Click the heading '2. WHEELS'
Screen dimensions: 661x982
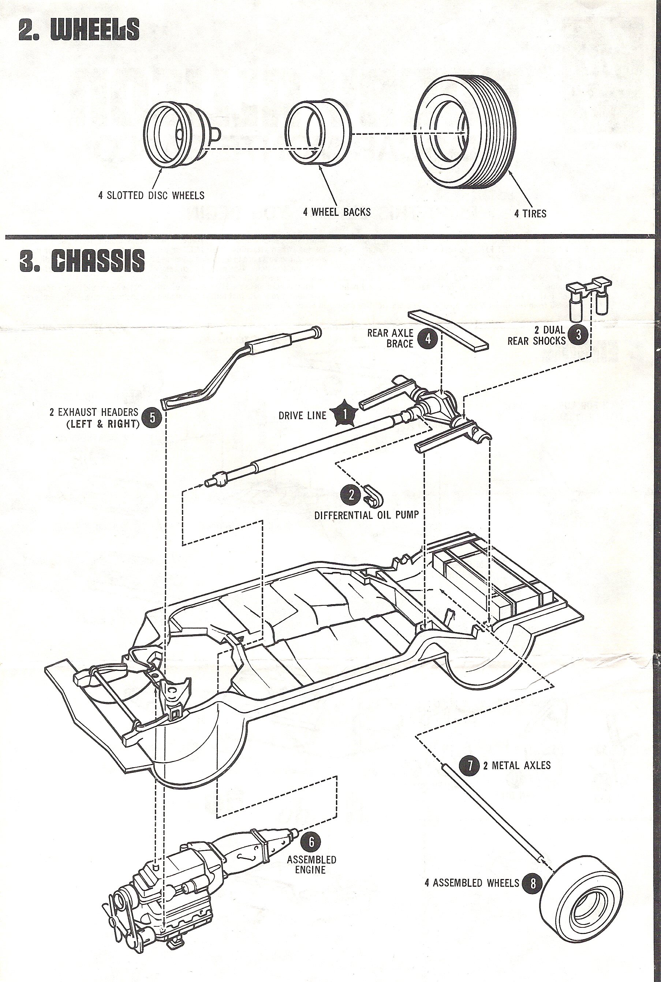coord(79,30)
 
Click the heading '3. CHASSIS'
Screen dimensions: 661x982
coord(82,261)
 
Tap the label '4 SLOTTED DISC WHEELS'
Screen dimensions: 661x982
coord(151,195)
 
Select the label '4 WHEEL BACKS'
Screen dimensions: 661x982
coord(337,212)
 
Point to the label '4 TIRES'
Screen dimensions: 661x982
coord(530,214)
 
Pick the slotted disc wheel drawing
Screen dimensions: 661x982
coord(181,134)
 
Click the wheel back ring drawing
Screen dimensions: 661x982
coord(318,133)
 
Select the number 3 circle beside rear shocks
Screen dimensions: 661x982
coord(578,335)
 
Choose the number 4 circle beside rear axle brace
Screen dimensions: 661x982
coord(428,339)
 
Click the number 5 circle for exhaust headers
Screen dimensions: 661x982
coord(152,417)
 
